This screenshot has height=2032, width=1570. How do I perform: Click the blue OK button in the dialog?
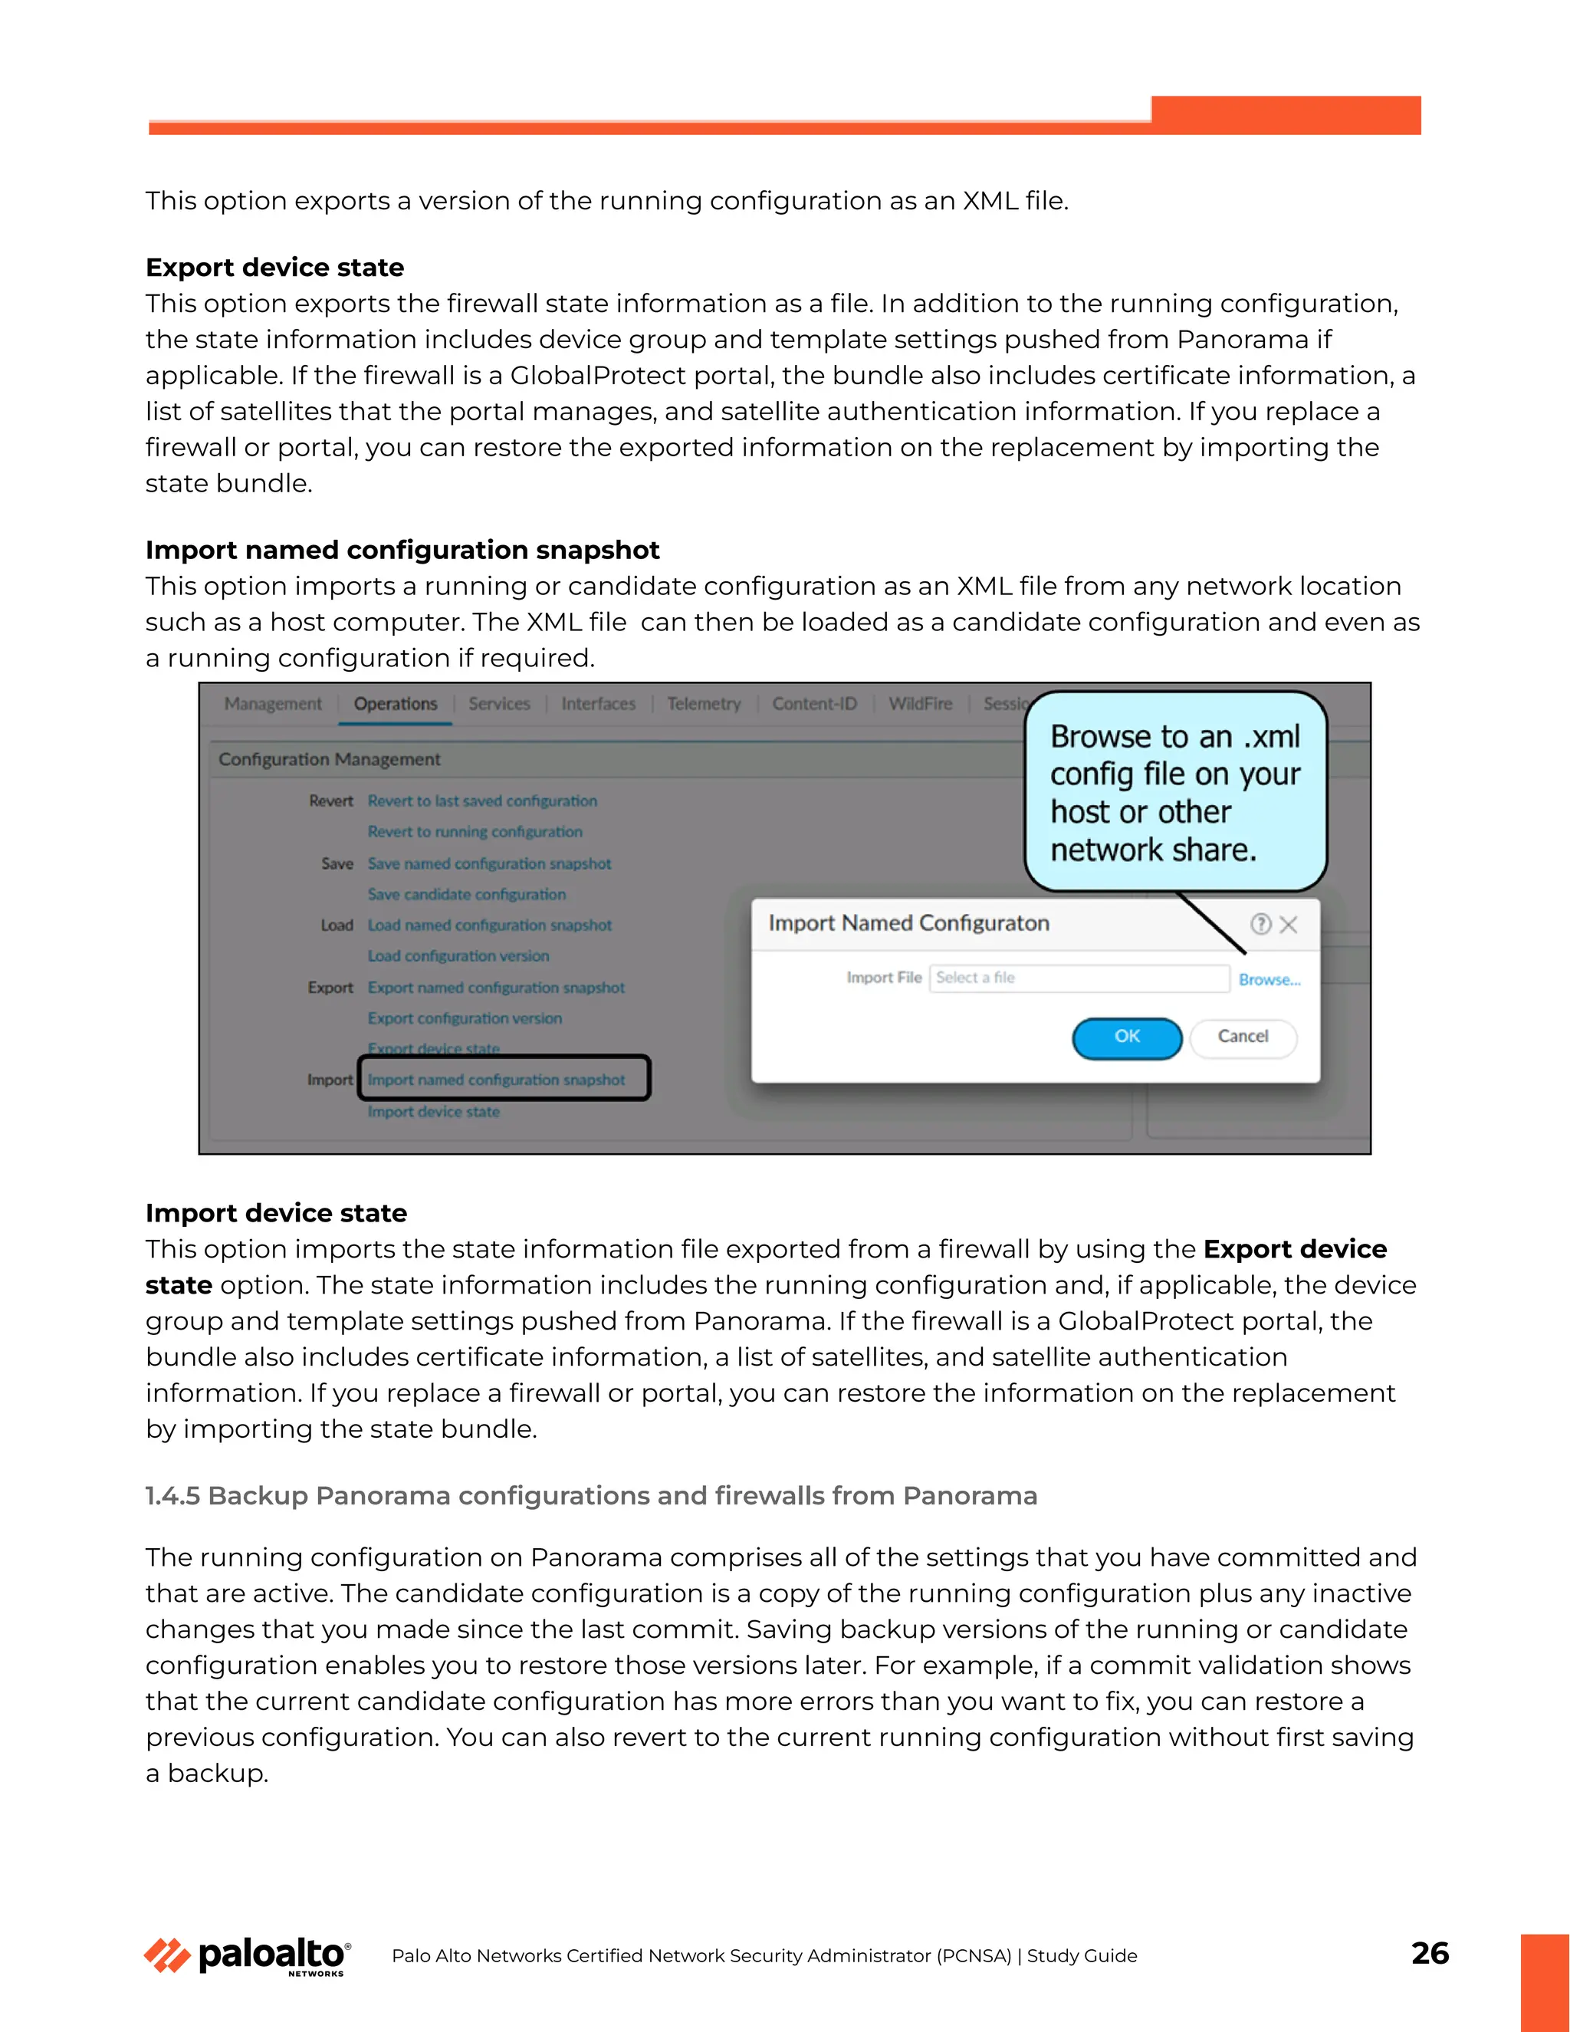(1126, 1037)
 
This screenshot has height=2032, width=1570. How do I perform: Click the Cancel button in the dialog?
(1243, 1037)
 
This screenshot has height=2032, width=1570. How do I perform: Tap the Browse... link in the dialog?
(1269, 980)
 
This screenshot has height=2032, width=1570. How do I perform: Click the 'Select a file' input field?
(1079, 978)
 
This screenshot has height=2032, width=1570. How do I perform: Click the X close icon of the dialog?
(1288, 925)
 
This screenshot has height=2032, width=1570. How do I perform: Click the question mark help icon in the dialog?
(1260, 924)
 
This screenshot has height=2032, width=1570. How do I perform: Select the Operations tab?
(396, 705)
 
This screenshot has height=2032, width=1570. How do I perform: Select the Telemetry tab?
(703, 705)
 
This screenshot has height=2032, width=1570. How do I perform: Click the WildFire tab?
(920, 705)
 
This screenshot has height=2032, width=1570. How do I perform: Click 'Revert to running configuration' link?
(475, 832)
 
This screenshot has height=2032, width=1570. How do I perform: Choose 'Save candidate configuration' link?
(466, 894)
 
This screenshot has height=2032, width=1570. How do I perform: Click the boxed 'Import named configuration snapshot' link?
(496, 1080)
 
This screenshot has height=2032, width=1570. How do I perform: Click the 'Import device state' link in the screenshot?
(433, 1112)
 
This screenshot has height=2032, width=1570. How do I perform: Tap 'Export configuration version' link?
(464, 1019)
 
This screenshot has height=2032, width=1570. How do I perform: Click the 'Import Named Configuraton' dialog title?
(908, 923)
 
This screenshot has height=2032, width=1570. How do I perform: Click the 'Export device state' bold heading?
(274, 268)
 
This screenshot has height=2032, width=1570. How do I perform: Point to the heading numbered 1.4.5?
(590, 1495)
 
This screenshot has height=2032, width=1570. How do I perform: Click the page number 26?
(1430, 1952)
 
